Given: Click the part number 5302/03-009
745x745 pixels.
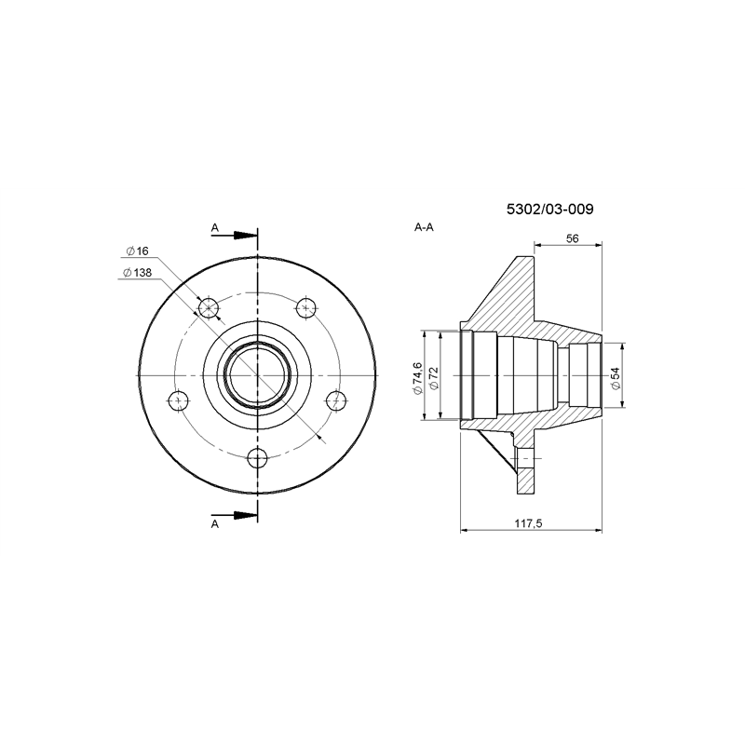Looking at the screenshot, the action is point(549,209).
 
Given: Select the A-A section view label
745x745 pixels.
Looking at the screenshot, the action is point(424,227).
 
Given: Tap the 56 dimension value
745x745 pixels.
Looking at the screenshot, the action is point(572,238).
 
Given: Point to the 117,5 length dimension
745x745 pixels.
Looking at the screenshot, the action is point(528,523).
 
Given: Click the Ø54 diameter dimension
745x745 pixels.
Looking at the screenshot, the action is point(616,378).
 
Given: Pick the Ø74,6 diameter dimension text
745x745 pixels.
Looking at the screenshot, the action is point(417,378).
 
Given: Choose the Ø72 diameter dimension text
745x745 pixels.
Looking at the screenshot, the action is point(433,379).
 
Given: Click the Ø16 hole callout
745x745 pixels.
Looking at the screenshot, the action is point(137,251).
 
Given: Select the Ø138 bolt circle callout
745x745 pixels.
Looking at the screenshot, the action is point(137,273).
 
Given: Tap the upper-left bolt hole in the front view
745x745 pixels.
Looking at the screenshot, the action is point(209,308).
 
